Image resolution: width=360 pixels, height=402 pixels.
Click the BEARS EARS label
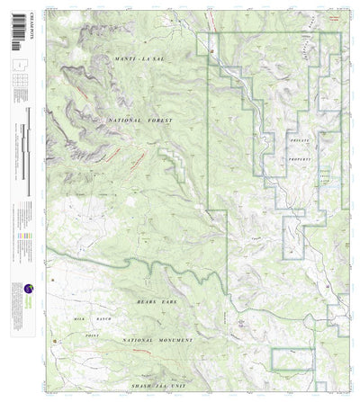155,306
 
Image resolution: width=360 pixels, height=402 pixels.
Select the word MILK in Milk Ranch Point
79,317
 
